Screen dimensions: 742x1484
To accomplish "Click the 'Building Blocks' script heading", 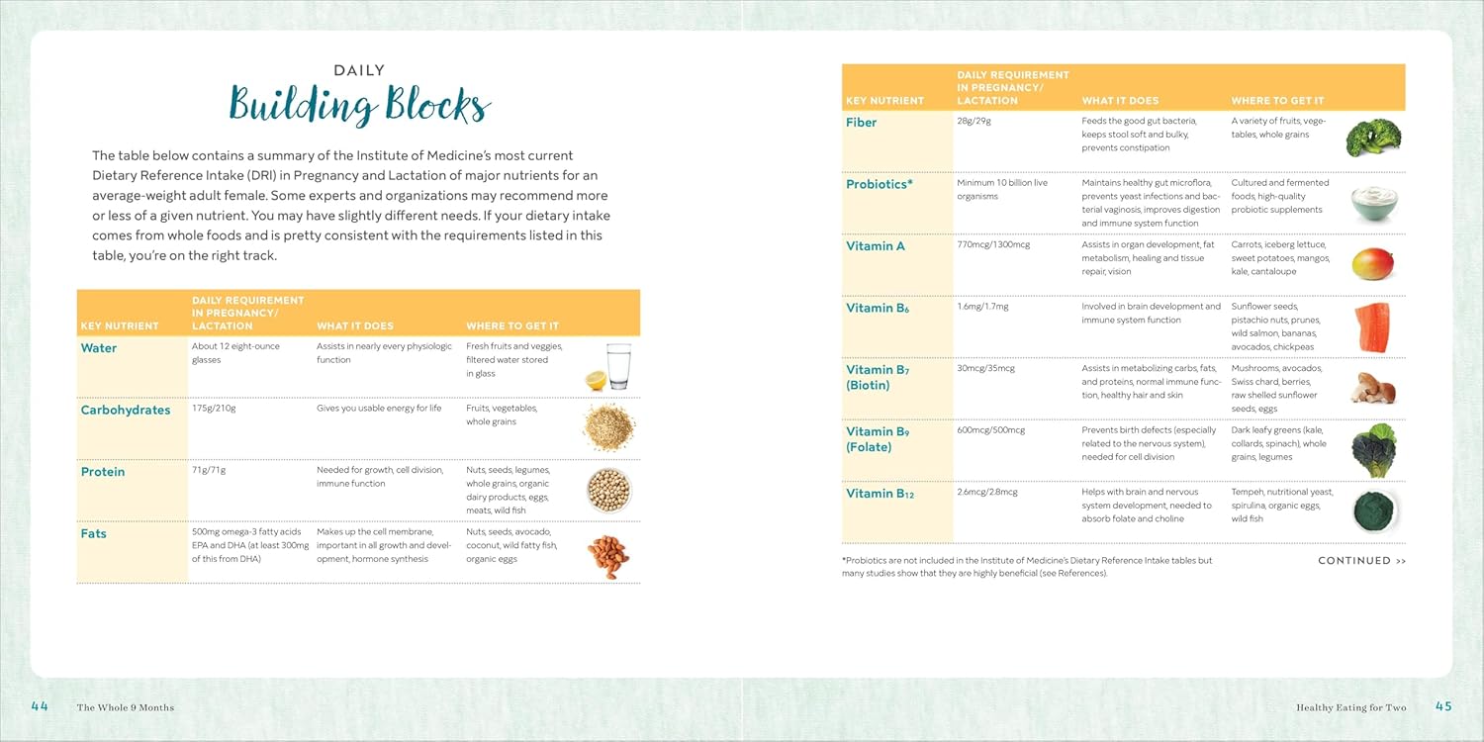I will point(359,106).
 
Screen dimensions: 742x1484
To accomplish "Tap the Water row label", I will point(99,348).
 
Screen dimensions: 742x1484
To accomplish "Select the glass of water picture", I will point(616,366).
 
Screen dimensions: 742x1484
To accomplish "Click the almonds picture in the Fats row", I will point(606,556).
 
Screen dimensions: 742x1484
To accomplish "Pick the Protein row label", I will point(103,472).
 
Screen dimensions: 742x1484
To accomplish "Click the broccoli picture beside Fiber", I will point(1373,138).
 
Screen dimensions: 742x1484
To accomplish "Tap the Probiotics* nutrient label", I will point(879,184).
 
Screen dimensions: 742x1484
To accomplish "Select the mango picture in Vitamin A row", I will point(1373,264).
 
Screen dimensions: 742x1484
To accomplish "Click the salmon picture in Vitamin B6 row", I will point(1374,327).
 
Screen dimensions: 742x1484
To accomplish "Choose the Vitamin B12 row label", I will point(880,494).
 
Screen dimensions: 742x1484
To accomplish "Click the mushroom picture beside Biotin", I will point(1373,387).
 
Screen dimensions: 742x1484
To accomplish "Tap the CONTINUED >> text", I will point(1361,561).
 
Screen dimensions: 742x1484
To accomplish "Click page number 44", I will point(40,706).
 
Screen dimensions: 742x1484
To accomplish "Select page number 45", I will point(1443,706).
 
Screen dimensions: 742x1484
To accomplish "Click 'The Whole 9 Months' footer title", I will point(125,707).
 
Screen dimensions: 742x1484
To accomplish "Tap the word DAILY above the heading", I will point(359,71).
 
